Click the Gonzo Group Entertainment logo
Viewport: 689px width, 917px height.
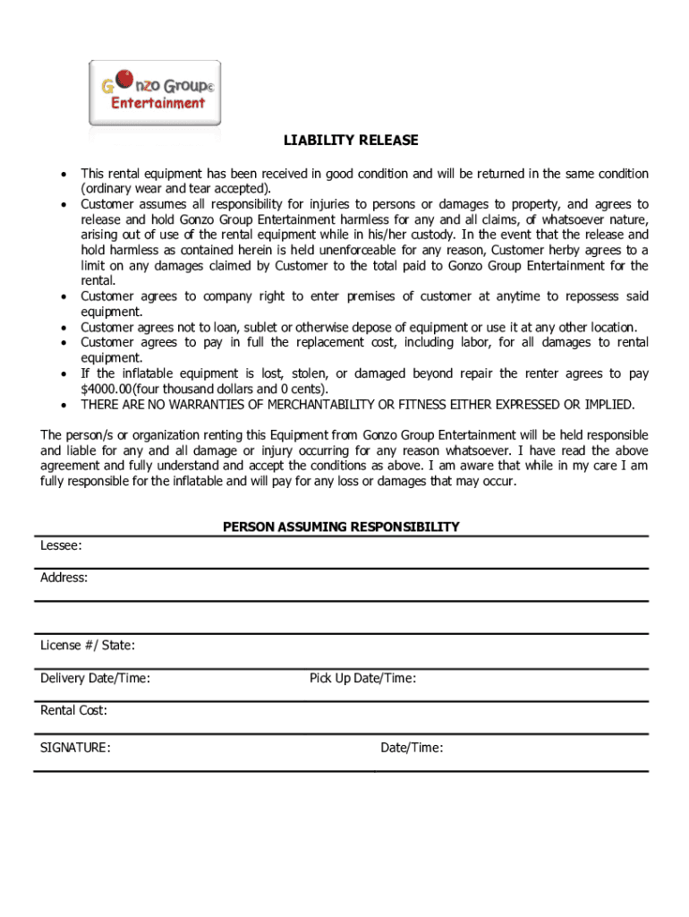[155, 93]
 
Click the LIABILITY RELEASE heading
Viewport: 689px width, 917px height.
[351, 141]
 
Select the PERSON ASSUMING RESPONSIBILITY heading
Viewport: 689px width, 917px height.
[341, 527]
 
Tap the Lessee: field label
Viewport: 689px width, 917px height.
[61, 545]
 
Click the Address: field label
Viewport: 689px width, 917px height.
[64, 578]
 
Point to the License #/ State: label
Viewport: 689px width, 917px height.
[88, 646]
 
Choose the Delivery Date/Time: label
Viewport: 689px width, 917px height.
[95, 679]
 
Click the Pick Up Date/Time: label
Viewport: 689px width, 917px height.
[362, 679]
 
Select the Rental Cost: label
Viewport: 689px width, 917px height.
[73, 711]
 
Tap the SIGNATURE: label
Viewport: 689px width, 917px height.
[75, 748]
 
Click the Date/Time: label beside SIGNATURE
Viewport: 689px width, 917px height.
[412, 748]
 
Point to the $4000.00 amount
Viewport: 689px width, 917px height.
[106, 390]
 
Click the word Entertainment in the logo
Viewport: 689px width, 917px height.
[157, 103]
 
